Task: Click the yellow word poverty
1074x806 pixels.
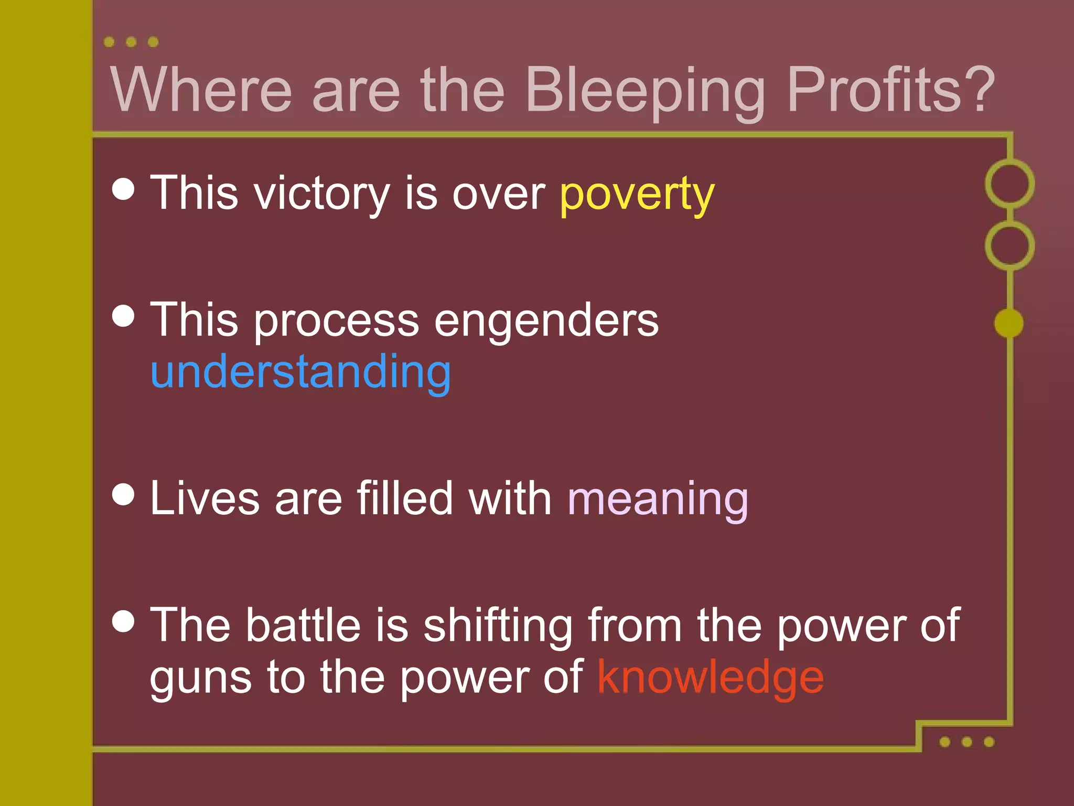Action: pos(637,194)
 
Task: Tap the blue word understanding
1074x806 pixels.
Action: pos(300,373)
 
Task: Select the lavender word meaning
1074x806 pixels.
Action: pos(658,500)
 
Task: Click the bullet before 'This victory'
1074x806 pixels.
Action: pos(124,188)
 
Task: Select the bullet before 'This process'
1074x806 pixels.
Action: pos(124,315)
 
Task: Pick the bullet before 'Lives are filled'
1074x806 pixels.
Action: pos(124,494)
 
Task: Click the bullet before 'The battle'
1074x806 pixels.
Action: pos(124,621)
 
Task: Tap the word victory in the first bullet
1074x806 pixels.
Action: pos(321,194)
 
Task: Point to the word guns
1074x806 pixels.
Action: pos(201,678)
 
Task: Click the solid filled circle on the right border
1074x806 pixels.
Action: pos(1008,323)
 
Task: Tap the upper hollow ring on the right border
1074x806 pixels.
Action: pos(1009,184)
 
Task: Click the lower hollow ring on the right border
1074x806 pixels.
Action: pos(1009,246)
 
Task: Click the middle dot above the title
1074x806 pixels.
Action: pos(131,42)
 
